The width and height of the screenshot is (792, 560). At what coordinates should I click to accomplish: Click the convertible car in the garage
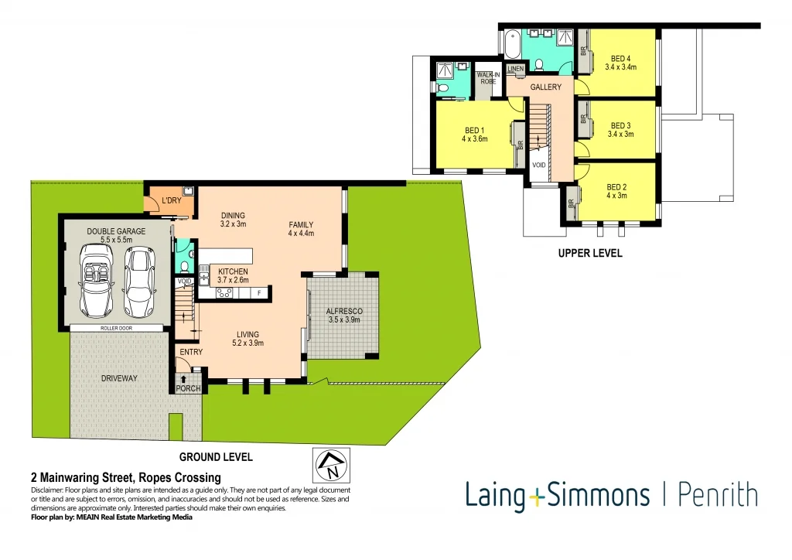97,282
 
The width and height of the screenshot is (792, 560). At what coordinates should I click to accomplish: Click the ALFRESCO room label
345,311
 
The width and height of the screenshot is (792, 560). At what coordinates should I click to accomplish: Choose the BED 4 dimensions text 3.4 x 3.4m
620,67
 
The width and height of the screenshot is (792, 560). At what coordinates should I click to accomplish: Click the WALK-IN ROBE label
486,77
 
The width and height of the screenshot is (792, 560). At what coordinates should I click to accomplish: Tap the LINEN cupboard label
516,70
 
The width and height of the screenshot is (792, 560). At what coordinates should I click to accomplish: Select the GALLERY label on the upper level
545,87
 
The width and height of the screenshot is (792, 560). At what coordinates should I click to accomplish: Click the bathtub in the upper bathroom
512,45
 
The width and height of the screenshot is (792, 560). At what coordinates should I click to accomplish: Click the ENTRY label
191,353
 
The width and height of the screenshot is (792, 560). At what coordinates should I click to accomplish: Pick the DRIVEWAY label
119,378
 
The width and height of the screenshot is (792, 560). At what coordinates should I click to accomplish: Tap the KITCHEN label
233,271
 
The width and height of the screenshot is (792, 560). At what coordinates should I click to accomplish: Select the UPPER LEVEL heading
590,253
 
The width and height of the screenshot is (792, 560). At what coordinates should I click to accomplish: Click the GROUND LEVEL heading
216,457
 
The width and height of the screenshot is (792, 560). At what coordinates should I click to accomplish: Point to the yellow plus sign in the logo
537,496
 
